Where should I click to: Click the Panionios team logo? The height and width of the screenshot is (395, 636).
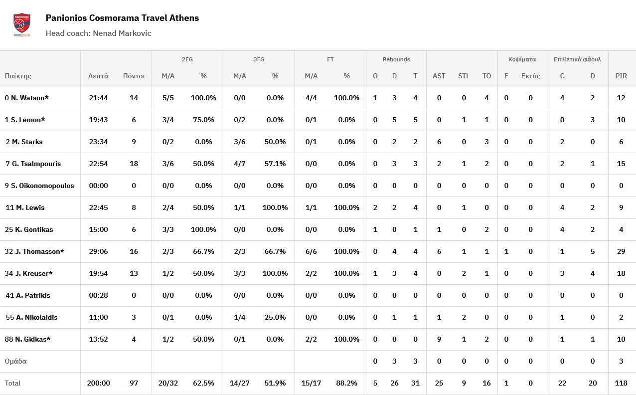tap(21, 25)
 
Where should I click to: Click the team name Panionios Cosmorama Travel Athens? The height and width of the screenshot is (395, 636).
tap(122, 18)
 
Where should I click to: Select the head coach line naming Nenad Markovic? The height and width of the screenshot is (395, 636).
tap(98, 33)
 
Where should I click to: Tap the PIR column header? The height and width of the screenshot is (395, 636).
tap(621, 76)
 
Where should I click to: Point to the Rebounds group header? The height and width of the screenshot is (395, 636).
tap(396, 59)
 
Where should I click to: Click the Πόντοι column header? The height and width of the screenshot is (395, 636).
tap(134, 76)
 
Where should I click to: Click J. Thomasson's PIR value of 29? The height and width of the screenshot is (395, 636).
tap(621, 251)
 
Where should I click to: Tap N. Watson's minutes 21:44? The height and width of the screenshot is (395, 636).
tap(98, 98)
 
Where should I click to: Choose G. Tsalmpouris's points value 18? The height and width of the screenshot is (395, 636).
tap(134, 164)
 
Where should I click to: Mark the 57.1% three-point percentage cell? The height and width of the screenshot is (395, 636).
tap(275, 164)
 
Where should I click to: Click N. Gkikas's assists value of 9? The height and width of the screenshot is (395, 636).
tap(439, 339)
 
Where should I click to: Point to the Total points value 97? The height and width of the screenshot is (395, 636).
tap(134, 383)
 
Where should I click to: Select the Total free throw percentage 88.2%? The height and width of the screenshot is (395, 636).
tap(346, 383)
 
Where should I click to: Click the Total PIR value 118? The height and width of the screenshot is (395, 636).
tap(621, 383)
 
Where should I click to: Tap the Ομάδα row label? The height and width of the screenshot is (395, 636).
tap(16, 361)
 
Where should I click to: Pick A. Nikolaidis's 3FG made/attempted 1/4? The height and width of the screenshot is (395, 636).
tap(240, 317)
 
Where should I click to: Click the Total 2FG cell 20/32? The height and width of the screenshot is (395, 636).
tap(168, 383)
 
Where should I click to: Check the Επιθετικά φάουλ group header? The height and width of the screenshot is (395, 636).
tap(577, 59)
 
